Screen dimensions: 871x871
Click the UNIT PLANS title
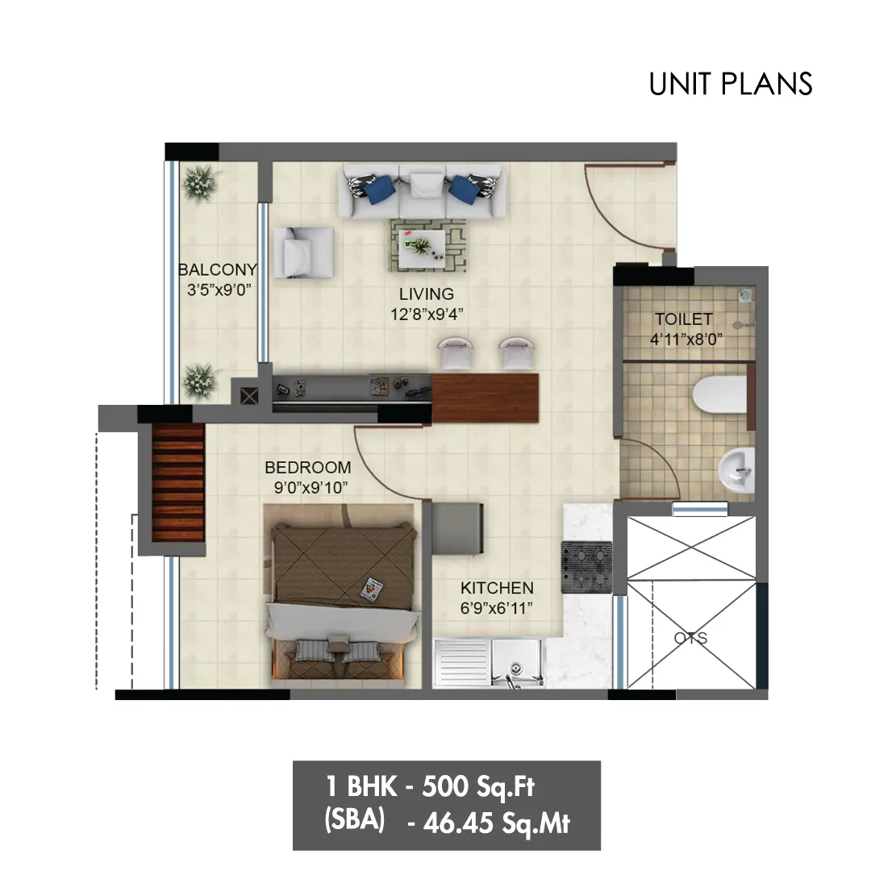(x=731, y=85)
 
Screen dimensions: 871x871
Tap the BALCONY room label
(x=217, y=269)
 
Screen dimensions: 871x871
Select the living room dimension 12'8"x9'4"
(x=427, y=315)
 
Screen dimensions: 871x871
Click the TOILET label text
(x=683, y=319)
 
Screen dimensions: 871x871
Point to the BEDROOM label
(x=308, y=468)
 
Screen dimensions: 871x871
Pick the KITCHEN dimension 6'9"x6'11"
(x=497, y=608)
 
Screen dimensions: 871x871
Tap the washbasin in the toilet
(x=737, y=470)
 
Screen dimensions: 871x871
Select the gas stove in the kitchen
(x=586, y=567)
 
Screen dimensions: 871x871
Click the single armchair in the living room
(x=304, y=252)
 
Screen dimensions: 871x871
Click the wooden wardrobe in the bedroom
(x=177, y=482)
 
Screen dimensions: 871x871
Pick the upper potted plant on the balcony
(x=200, y=183)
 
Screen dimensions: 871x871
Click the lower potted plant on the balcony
(x=200, y=381)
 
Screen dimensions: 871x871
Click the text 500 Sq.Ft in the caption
(x=478, y=786)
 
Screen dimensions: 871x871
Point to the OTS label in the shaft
(x=691, y=638)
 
